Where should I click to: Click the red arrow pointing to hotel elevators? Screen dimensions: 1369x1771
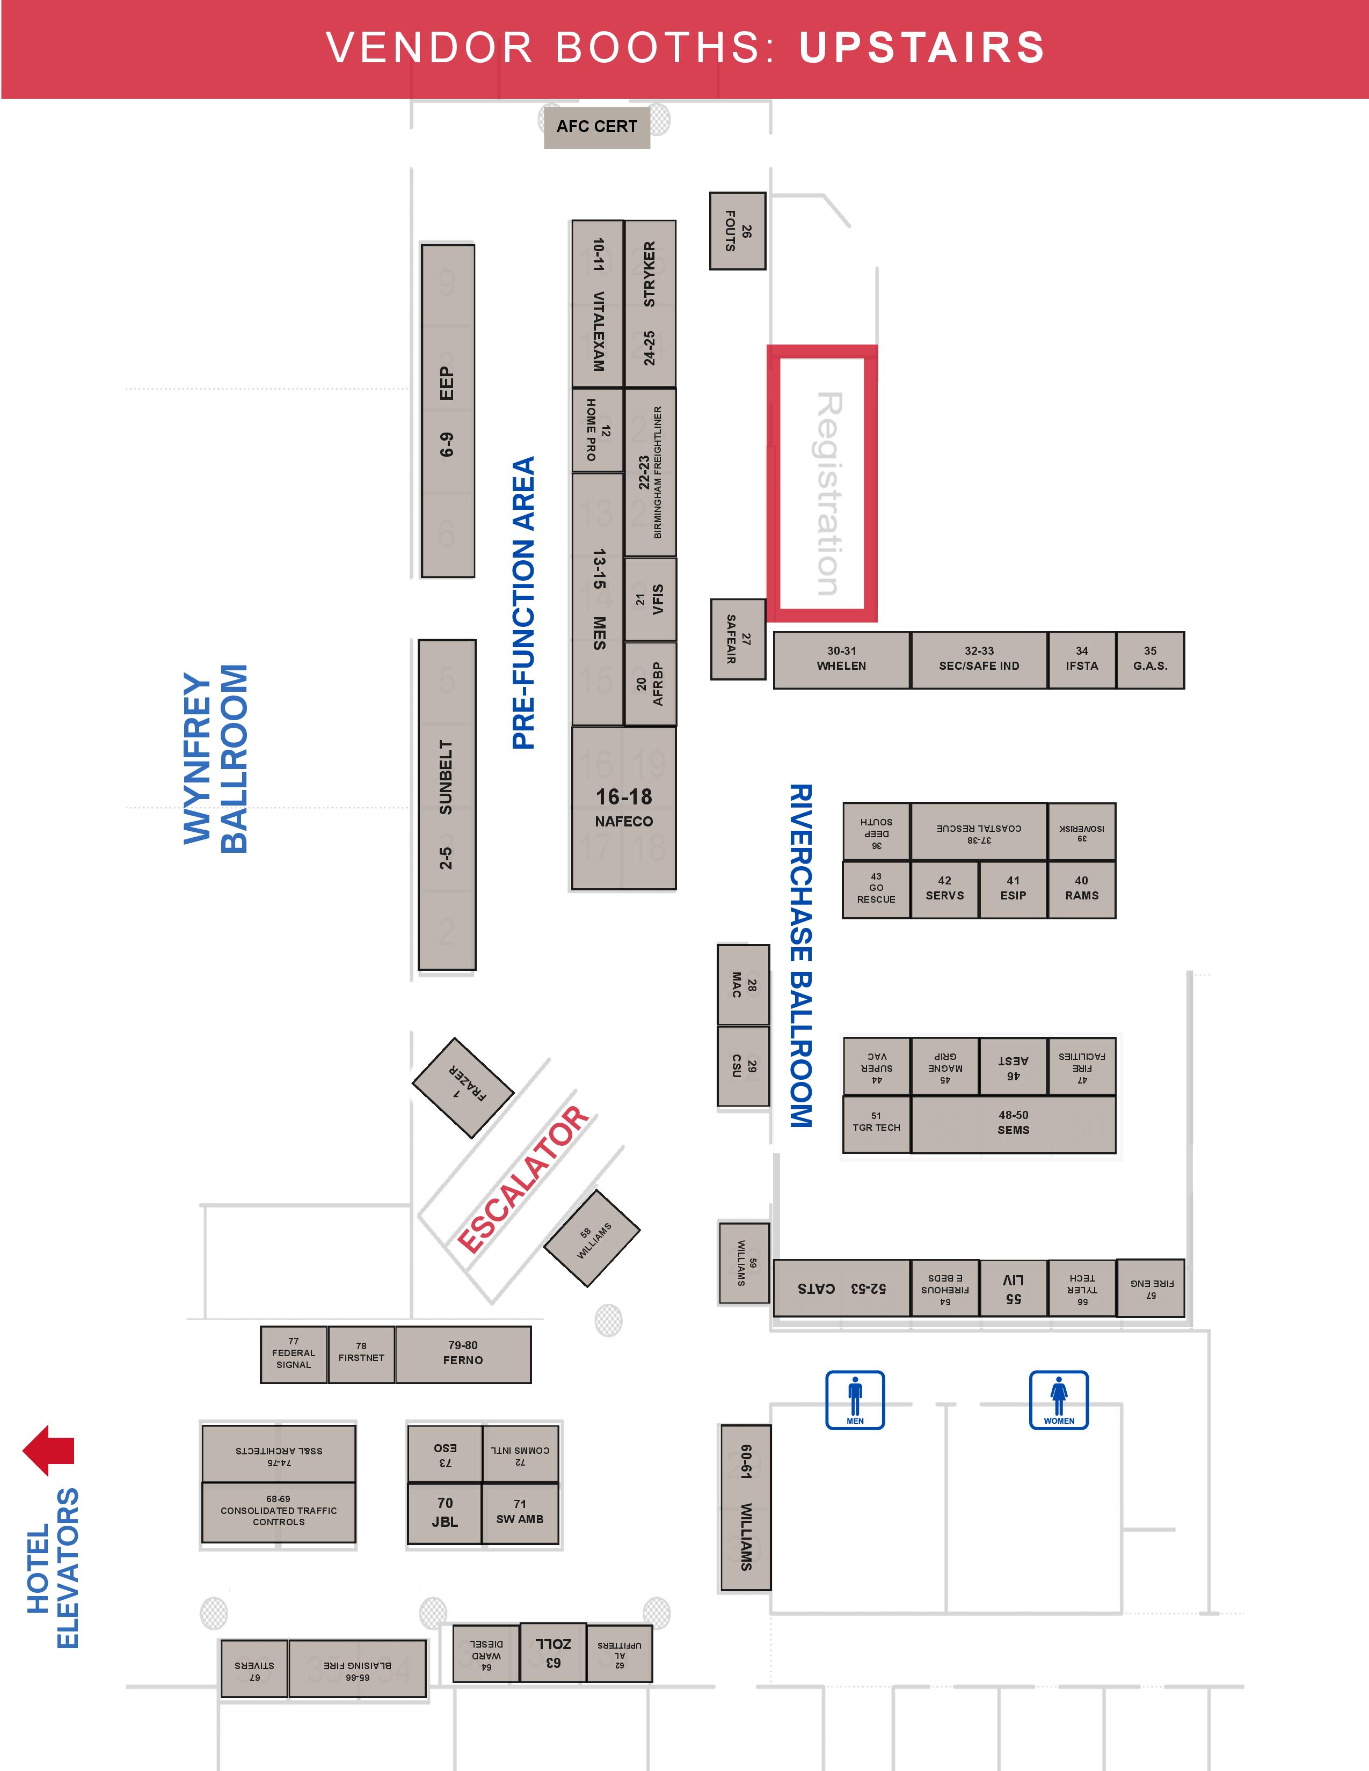49,1450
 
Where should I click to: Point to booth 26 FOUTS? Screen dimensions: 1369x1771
737,231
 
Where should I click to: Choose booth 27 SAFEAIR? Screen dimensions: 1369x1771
737,639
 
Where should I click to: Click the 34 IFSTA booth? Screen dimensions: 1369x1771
1081,659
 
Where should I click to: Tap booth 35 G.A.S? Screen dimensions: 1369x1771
1150,659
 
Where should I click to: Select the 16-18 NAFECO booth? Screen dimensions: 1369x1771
624,808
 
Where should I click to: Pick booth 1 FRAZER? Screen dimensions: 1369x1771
463,1087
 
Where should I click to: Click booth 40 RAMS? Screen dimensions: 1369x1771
1081,889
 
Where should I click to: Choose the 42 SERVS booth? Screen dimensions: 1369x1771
945,889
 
